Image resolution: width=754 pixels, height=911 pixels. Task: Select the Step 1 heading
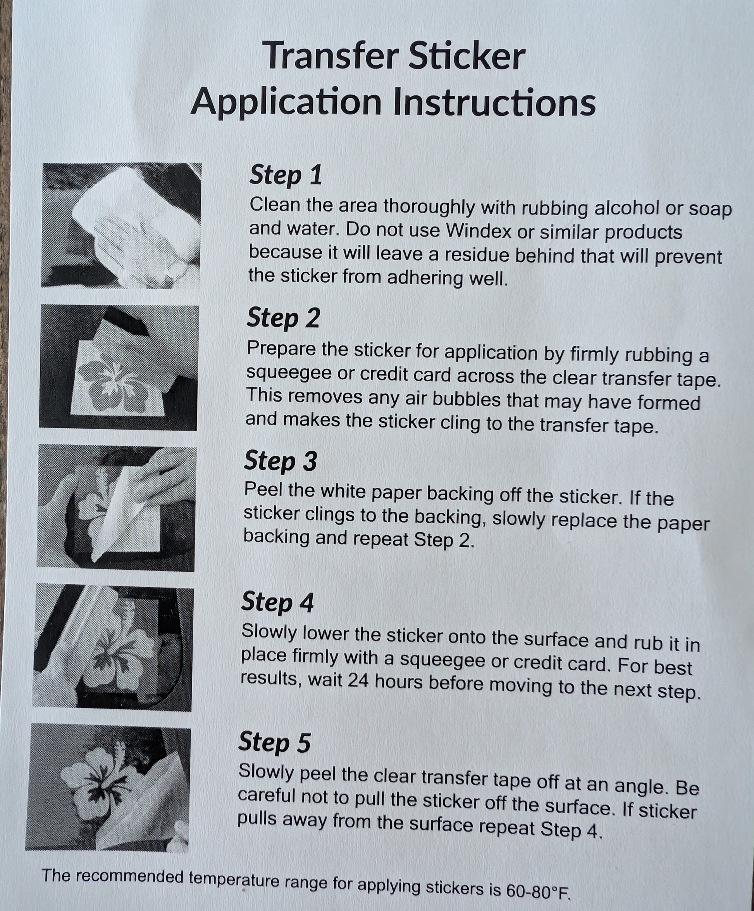[286, 175]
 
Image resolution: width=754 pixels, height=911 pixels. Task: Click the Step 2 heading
[283, 318]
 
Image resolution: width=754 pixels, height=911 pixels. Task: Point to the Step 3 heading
[281, 461]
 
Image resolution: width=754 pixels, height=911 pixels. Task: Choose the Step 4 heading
[277, 602]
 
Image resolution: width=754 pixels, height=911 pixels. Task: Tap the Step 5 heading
[275, 743]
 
